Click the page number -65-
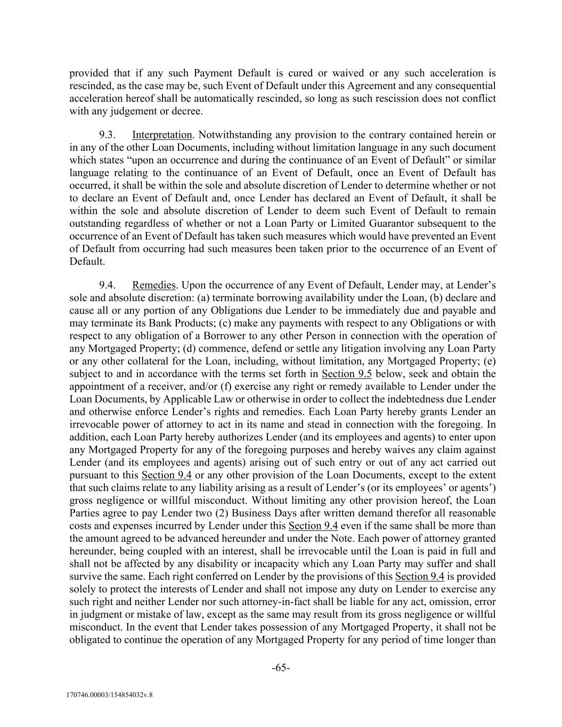coord(281,668)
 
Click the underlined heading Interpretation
coord(162,135)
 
